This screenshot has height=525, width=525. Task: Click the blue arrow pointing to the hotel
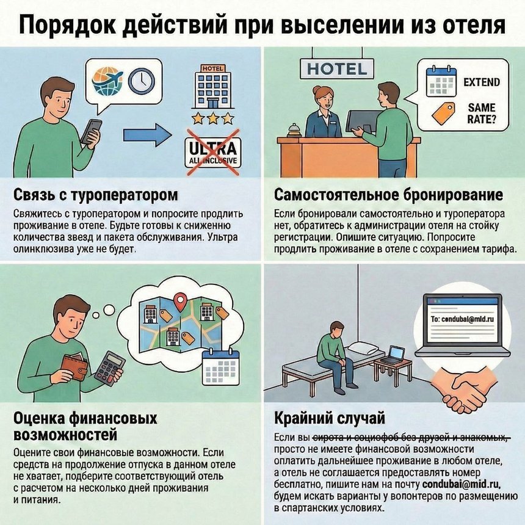[147, 135]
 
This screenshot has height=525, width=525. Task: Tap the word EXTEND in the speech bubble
[482, 82]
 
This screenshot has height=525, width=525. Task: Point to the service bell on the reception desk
[294, 129]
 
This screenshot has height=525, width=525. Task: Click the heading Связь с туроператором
[96, 195]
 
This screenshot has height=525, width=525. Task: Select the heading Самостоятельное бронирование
[389, 195]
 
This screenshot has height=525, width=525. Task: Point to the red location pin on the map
[179, 301]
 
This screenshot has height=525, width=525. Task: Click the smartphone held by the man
[92, 130]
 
